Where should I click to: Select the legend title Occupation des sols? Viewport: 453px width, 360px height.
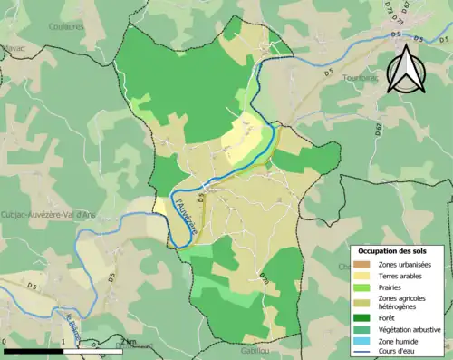click(396, 249)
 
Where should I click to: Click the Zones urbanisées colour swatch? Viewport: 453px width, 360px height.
click(363, 263)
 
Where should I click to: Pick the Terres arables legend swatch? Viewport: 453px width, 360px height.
click(363, 275)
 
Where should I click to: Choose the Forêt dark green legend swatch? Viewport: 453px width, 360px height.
click(363, 317)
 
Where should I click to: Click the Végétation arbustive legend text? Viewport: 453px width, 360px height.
click(410, 329)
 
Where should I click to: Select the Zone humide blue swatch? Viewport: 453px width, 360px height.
click(363, 341)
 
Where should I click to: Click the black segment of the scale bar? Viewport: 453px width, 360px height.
click(34, 350)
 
